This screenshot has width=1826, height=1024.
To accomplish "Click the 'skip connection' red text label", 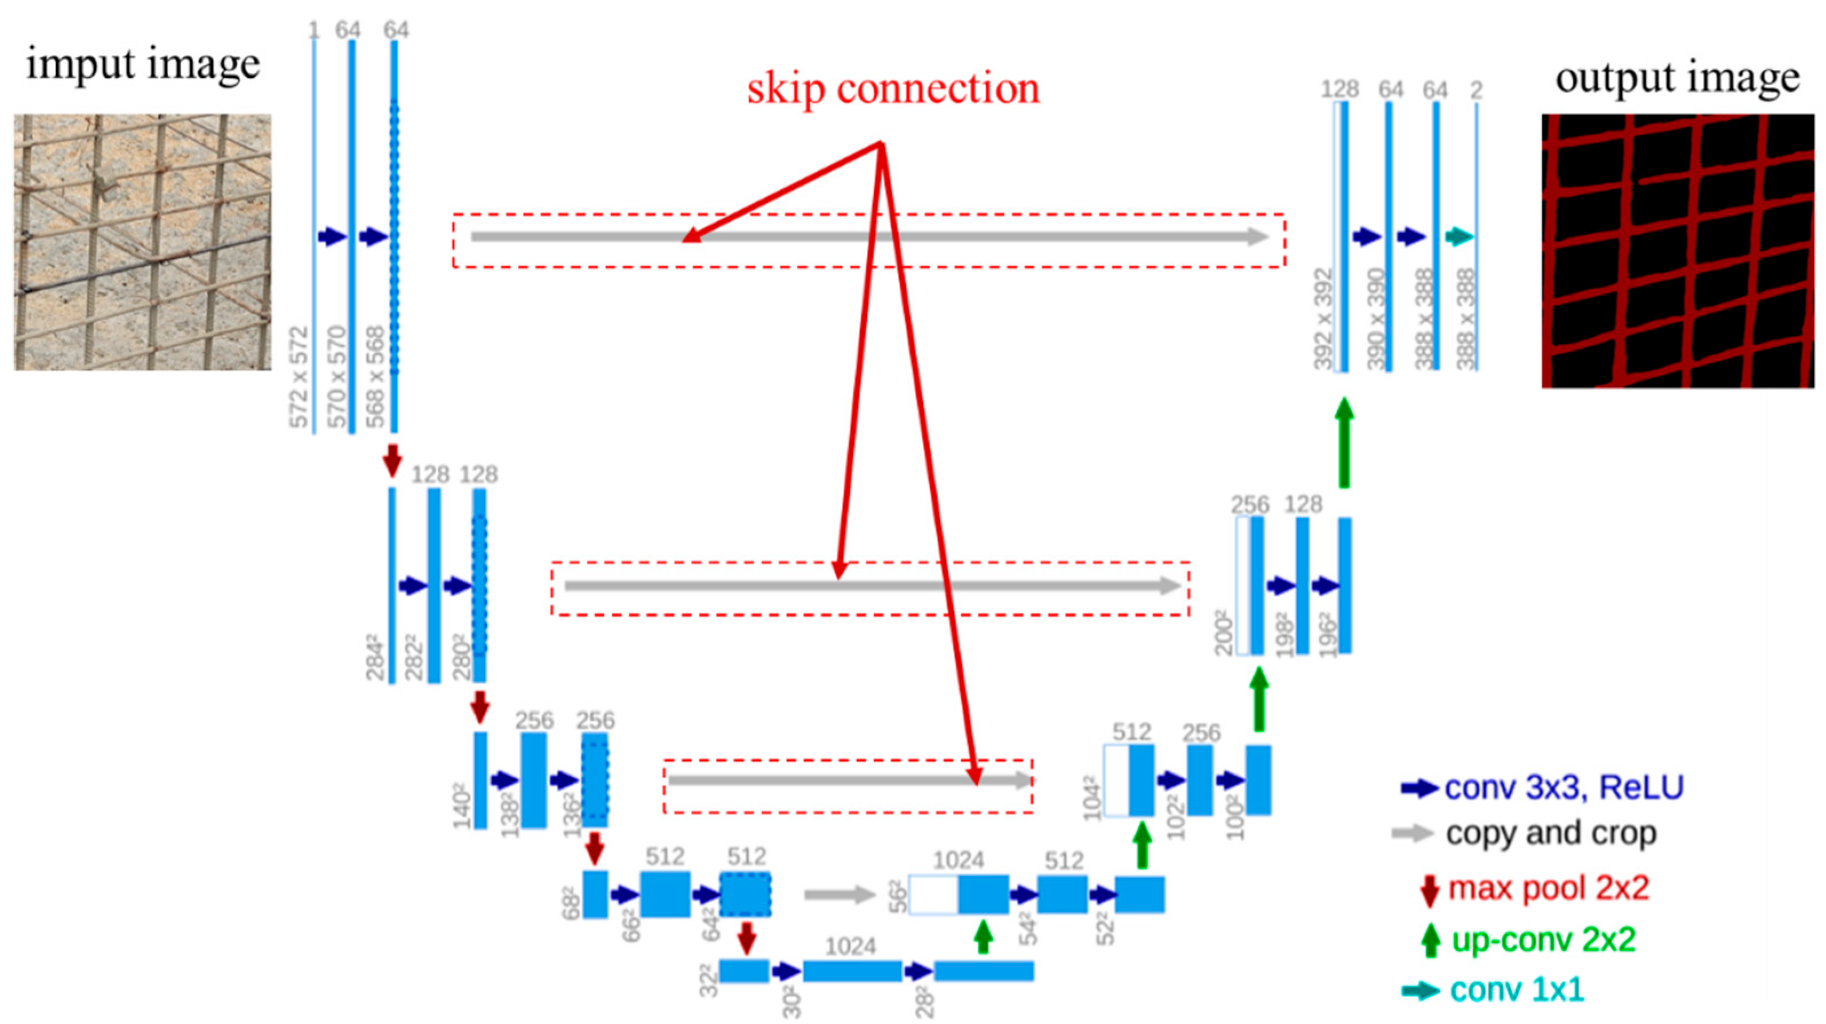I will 893,89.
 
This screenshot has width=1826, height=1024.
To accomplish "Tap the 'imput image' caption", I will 143,65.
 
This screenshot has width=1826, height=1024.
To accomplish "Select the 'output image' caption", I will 1677,78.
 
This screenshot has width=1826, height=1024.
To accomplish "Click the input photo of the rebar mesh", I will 142,242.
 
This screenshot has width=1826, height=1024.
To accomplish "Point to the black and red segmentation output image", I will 1677,251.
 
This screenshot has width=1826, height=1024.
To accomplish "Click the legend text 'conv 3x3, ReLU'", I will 1564,788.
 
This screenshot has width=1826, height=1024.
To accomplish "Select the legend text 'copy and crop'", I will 1551,834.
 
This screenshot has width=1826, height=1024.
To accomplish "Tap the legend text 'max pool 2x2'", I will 1548,888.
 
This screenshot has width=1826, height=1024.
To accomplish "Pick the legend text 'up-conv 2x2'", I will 1543,939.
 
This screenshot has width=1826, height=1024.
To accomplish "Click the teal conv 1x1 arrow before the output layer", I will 1459,236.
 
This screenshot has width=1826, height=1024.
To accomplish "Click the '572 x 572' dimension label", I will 300,376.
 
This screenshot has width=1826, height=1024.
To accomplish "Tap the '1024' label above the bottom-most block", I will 850,946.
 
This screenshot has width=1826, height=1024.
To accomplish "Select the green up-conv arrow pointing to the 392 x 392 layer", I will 1343,441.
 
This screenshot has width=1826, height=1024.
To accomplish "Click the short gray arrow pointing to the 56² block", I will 840,894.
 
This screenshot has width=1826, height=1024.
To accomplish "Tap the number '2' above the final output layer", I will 1476,90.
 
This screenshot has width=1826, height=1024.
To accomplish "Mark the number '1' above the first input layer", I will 314,30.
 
